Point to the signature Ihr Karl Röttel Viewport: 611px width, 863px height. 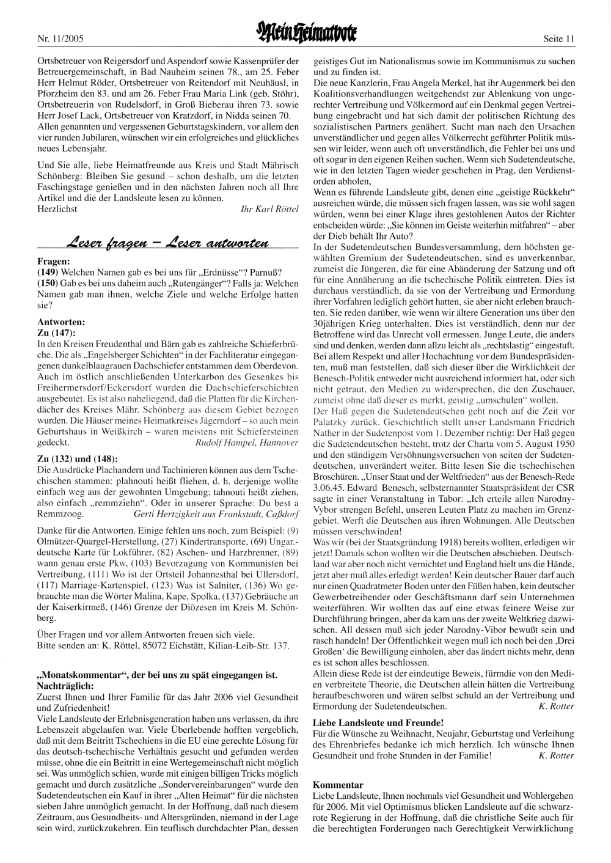[270, 209]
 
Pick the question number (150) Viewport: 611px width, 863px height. [48, 284]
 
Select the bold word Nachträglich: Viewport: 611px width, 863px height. [65, 686]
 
